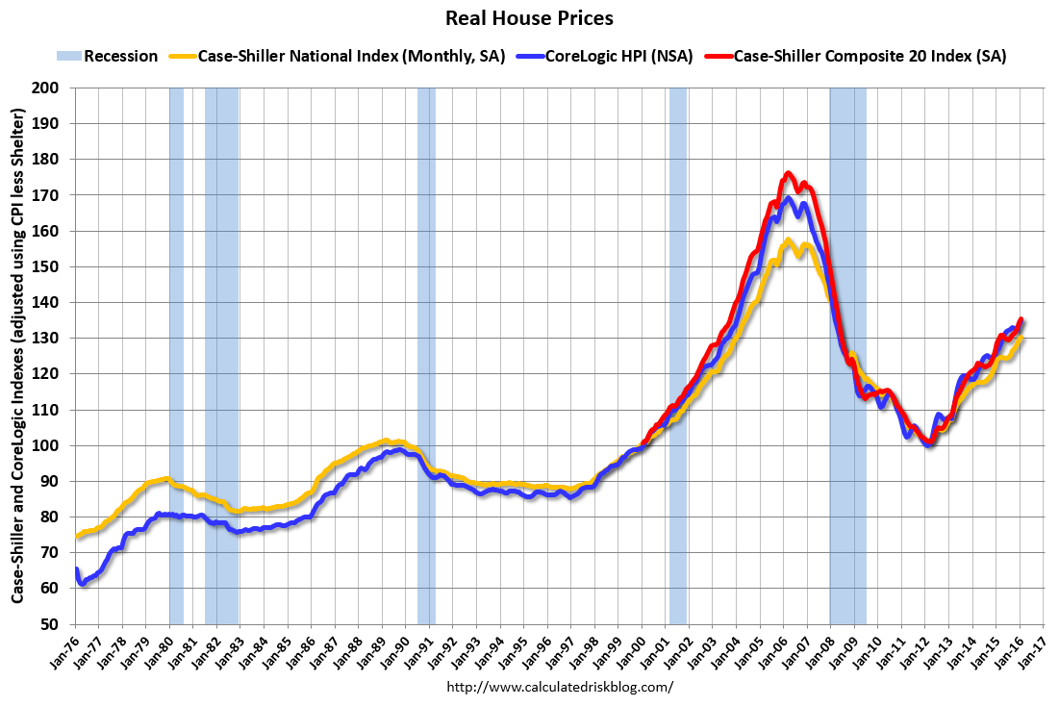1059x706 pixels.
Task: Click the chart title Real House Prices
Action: pyautogui.click(x=529, y=17)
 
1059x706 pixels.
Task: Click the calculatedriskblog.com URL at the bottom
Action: pyautogui.click(x=560, y=688)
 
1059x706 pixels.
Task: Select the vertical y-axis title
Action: pyautogui.click(x=18, y=356)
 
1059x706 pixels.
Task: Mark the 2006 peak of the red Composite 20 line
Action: pyautogui.click(x=788, y=174)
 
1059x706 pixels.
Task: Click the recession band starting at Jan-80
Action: pyautogui.click(x=176, y=356)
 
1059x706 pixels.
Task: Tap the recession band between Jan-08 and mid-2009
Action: pyautogui.click(x=847, y=356)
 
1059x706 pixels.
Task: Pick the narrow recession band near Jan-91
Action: pyautogui.click(x=426, y=356)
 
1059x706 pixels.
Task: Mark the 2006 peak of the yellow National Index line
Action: pyautogui.click(x=788, y=240)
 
